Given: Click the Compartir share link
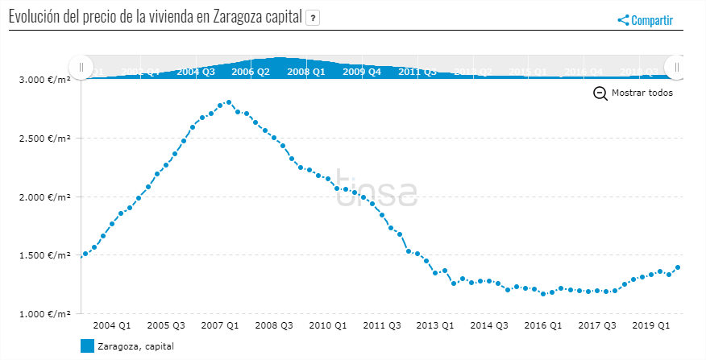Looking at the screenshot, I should (x=646, y=21).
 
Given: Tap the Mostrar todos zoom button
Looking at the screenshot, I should (x=633, y=93).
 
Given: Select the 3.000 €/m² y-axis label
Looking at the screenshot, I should (x=44, y=80).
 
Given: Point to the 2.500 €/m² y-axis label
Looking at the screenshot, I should (x=44, y=139).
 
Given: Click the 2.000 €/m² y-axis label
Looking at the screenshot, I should (x=44, y=197).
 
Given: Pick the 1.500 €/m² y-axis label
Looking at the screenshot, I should (x=44, y=255).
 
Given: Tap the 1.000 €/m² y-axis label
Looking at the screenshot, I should (x=44, y=314).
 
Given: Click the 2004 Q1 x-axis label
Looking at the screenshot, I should (x=112, y=326).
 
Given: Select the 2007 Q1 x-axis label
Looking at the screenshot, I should (x=219, y=326).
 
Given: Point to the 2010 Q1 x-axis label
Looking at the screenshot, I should (x=327, y=326).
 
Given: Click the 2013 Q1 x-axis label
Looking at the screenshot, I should (x=435, y=326).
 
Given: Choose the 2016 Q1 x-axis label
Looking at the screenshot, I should (x=542, y=326).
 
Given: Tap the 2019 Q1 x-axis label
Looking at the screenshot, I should (x=650, y=326).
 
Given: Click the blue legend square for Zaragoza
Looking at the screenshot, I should (x=88, y=346).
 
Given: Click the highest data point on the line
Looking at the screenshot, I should (x=229, y=102).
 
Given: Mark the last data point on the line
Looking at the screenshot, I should (x=678, y=267).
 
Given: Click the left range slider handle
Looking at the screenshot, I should (x=81, y=67).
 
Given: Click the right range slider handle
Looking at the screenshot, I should (x=677, y=67).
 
